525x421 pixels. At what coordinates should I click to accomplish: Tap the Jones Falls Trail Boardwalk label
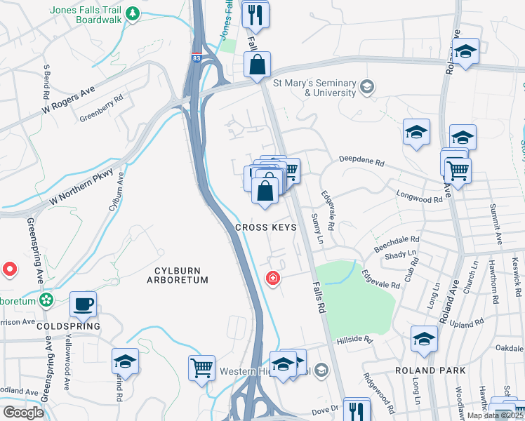coord(86,14)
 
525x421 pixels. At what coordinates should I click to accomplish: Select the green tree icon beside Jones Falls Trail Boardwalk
coord(131,13)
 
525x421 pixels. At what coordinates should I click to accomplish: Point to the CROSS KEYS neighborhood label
coord(265,227)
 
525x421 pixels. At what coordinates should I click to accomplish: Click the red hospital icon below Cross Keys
coord(272,279)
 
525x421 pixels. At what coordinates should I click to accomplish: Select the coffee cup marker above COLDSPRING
coord(83,304)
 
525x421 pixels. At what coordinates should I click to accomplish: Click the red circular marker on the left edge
coord(10,269)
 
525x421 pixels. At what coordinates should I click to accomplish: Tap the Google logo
coord(23,412)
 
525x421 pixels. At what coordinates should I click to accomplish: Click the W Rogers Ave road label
coord(68,101)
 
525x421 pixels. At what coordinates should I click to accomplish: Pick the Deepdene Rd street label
coord(362,162)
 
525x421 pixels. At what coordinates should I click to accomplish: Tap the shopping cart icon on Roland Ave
coord(458,168)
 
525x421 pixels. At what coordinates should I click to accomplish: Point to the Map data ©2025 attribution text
coord(496,415)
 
